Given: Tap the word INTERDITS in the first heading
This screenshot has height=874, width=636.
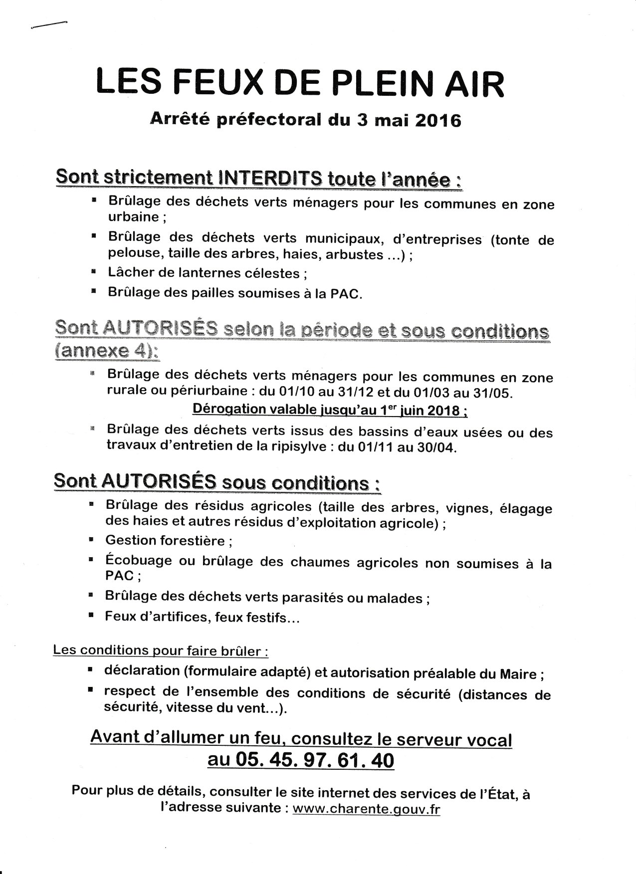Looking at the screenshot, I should tap(267, 178).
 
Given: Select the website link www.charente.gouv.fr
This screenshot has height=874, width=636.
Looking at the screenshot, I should tap(366, 809).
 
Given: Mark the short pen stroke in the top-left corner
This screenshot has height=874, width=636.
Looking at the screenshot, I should tap(48, 24).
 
